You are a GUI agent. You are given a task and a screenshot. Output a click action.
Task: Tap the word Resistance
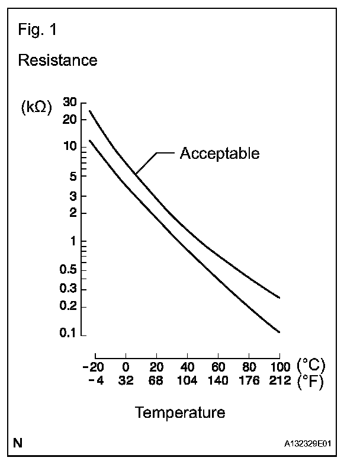coord(57,60)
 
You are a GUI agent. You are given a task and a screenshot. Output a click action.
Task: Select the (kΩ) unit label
coord(37,107)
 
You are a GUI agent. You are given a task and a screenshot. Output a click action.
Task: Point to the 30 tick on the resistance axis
coord(70,102)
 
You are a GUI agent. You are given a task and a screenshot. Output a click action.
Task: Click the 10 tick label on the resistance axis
coord(70,146)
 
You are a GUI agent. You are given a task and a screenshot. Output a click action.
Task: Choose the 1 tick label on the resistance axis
coord(73,241)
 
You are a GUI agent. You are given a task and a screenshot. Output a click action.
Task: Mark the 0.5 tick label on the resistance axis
coord(69,270)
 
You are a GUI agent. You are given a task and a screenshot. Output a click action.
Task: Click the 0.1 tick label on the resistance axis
coord(69,334)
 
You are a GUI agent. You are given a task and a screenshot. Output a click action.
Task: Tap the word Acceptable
coord(219,153)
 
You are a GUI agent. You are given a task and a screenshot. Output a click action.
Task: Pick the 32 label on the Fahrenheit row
coord(126,380)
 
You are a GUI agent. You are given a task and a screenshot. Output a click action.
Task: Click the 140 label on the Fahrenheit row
coord(218,380)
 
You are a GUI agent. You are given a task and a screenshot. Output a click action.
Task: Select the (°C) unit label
coord(311,365)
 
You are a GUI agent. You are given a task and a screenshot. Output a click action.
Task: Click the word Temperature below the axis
coord(179,412)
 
